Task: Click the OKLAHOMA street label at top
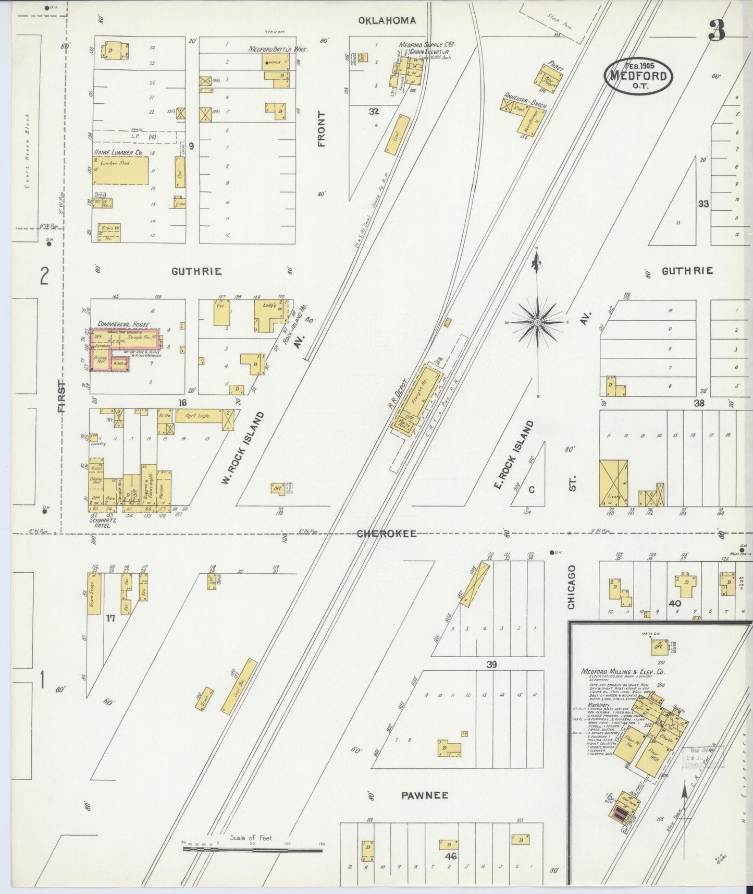click(x=386, y=20)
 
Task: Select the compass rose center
click(x=537, y=323)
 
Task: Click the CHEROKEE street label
click(x=387, y=534)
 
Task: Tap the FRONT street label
click(x=321, y=129)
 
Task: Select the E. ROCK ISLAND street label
click(x=514, y=455)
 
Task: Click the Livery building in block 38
click(x=614, y=483)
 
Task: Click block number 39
click(x=491, y=665)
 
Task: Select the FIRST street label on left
click(x=61, y=397)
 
